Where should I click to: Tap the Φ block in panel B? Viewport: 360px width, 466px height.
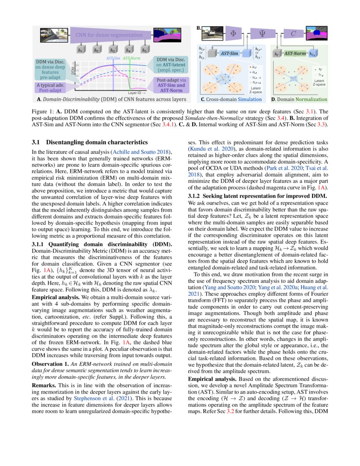[x=233, y=32]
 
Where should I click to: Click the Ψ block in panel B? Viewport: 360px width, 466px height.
[x=261, y=32]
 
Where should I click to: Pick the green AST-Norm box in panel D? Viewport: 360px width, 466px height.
[x=295, y=54]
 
